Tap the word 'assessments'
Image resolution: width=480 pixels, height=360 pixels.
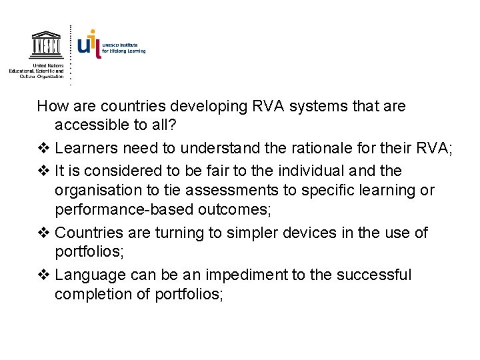[239, 191]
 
